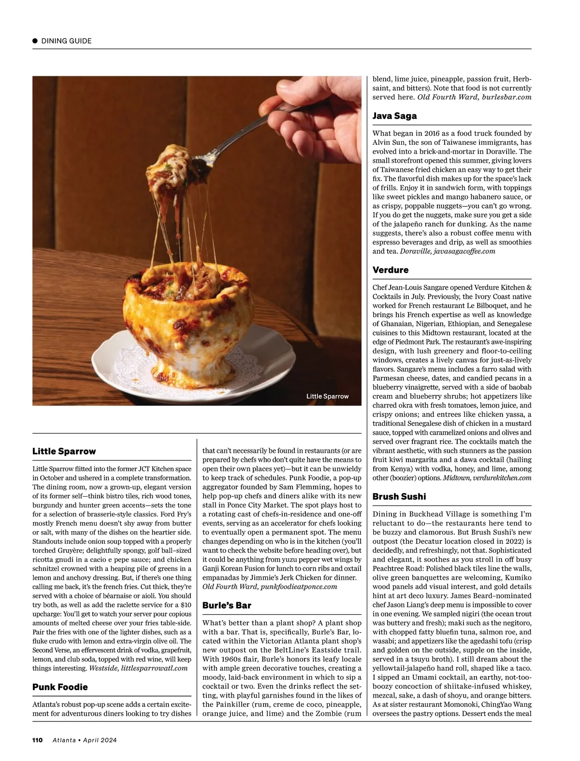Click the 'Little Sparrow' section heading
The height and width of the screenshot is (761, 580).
(64, 451)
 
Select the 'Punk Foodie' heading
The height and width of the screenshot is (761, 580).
(60, 687)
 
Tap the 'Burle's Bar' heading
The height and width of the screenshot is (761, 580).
(227, 606)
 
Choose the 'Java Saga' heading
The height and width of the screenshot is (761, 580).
(394, 116)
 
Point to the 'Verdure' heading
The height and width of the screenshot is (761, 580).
(391, 270)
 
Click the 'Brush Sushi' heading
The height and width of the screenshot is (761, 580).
(399, 497)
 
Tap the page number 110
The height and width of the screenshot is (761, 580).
(38, 740)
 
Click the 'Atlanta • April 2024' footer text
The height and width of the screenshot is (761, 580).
(85, 740)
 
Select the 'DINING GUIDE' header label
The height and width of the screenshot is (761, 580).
(66, 41)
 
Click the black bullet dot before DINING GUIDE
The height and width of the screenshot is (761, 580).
(35, 41)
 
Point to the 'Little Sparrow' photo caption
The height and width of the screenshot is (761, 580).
(327, 396)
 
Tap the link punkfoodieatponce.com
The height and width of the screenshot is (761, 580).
(298, 587)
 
